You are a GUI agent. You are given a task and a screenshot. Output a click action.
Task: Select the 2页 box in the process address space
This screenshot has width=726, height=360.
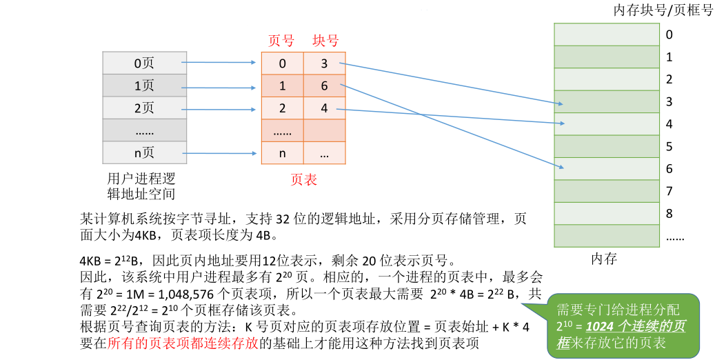click(x=144, y=108)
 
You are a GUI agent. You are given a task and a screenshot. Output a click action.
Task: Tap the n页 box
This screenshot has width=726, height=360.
click(x=144, y=153)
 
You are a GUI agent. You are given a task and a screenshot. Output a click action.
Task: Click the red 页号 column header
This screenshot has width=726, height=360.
click(x=281, y=41)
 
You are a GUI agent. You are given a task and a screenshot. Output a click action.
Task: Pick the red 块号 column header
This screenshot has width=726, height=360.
click(x=325, y=41)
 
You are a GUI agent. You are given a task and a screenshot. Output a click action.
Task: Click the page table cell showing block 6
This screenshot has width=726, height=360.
click(x=324, y=86)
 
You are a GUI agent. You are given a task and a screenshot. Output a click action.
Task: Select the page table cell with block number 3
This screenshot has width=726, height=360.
click(x=324, y=64)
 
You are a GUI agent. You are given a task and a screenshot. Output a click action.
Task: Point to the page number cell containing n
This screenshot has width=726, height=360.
click(x=282, y=153)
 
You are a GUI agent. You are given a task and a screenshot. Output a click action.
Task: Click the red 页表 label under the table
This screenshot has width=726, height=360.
click(x=303, y=180)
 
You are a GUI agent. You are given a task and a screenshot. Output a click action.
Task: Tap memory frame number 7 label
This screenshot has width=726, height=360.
click(x=669, y=191)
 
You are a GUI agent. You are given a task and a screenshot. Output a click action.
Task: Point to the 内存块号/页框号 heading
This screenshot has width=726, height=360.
click(x=663, y=10)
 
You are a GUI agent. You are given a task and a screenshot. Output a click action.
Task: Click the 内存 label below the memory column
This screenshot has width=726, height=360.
click(x=604, y=259)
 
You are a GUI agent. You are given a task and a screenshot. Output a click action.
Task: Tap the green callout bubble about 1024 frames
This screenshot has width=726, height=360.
click(x=623, y=325)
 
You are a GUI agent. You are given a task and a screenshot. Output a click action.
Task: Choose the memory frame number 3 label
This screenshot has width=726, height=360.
click(x=669, y=102)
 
